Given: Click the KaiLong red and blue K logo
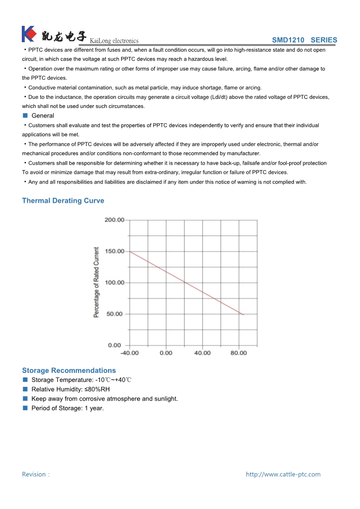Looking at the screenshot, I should click(28, 34).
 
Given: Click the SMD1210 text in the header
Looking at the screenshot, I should click(288, 40).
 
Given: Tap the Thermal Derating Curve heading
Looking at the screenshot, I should click(63, 201).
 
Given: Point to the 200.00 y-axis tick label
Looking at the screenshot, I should click(114, 220).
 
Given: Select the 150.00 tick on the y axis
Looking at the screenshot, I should click(114, 251).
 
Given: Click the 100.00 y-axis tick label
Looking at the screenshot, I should click(114, 283).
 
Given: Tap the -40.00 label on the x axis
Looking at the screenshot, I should click(129, 353).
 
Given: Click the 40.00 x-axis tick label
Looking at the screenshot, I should click(202, 353).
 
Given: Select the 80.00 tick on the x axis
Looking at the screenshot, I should click(239, 353).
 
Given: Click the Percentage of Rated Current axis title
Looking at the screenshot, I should click(96, 282).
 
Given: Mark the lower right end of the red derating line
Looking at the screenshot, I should click(243, 314).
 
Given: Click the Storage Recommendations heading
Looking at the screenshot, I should click(69, 370).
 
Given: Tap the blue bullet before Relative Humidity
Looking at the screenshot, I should click(25, 389).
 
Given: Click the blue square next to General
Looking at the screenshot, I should click(25, 116).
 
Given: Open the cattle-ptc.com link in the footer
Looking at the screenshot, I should click(283, 474).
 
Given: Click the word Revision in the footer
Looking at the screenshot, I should click(34, 474).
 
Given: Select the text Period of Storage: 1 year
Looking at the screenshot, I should click(68, 408).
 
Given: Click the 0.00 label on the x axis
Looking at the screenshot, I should click(166, 353).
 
